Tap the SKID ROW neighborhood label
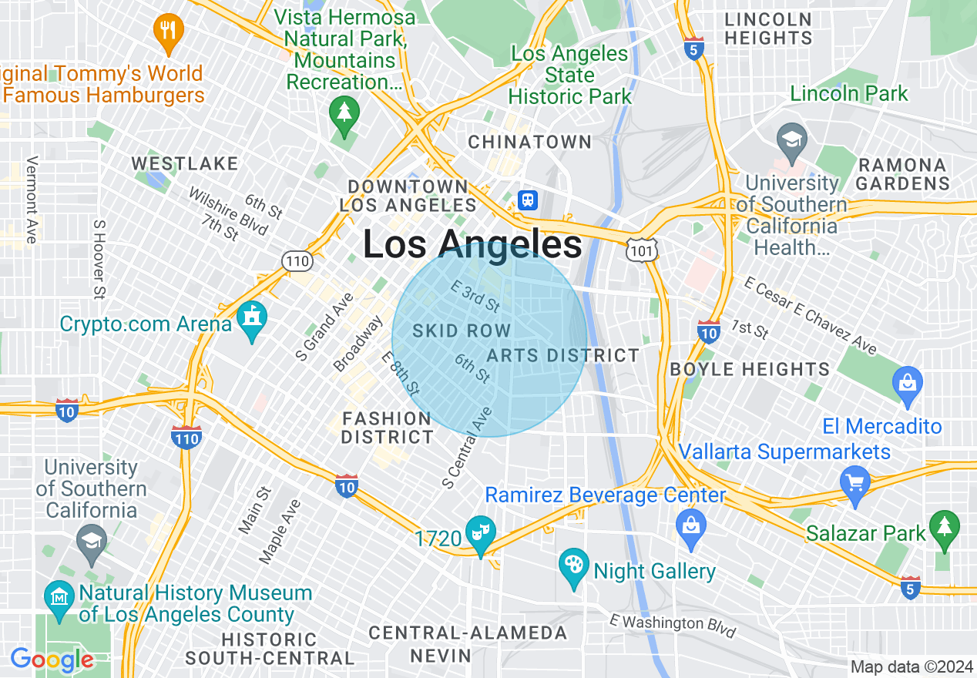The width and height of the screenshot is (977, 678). (462, 331)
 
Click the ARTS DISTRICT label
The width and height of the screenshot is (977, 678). (562, 355)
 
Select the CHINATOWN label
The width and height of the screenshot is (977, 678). (530, 143)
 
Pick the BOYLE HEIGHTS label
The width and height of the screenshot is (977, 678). (750, 369)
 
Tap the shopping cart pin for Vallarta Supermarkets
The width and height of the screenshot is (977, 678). (855, 485)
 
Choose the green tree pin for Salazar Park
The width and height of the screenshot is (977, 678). (945, 529)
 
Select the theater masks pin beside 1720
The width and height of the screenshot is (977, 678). (481, 535)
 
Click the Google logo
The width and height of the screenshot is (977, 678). (52, 660)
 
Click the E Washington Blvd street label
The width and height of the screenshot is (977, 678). (672, 626)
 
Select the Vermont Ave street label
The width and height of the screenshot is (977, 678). (32, 200)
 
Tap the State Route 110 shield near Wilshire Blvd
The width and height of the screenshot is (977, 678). (297, 261)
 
